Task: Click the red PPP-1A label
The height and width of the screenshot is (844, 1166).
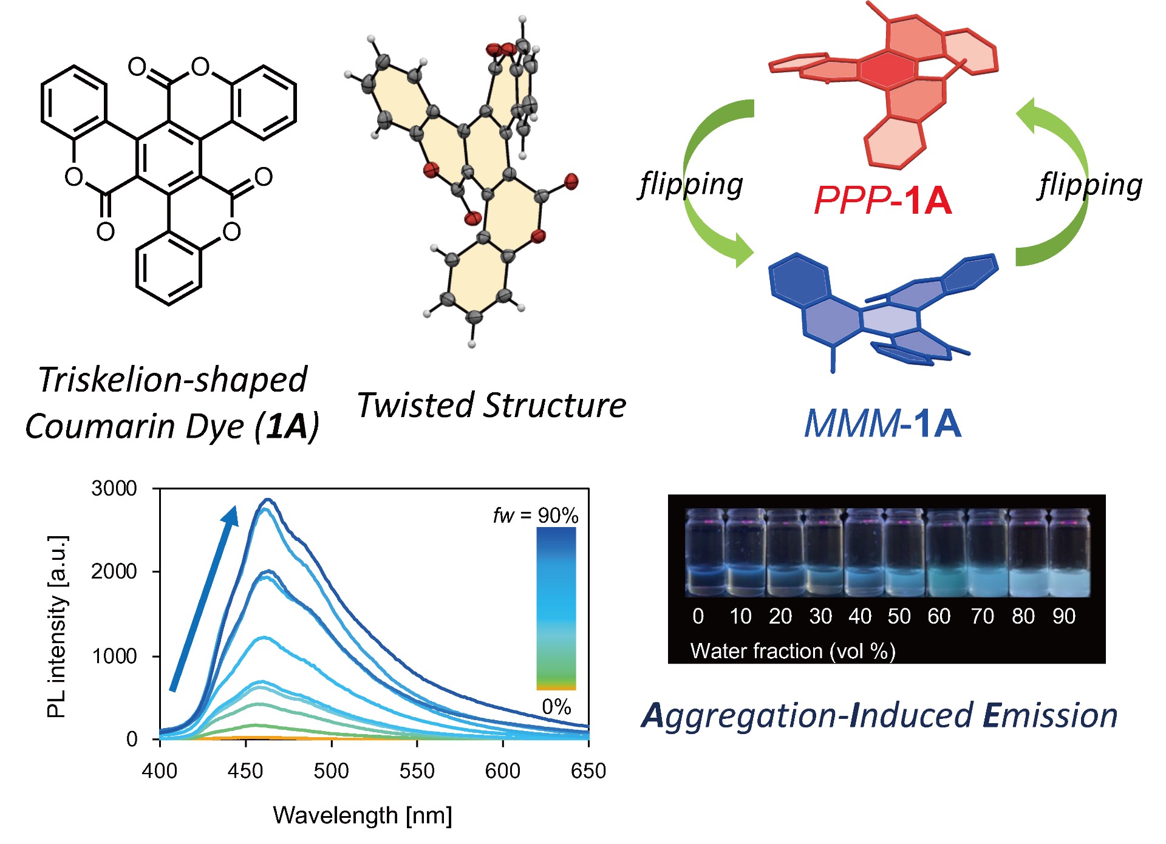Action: coord(882,200)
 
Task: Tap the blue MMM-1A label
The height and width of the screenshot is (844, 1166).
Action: coord(882,423)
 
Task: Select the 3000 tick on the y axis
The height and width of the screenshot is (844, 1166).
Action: coord(114,488)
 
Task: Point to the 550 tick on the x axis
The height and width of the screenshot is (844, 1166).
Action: coord(417,771)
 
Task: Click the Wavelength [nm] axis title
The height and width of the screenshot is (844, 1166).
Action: coord(363,815)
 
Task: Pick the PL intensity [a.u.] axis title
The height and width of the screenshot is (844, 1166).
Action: coord(57,627)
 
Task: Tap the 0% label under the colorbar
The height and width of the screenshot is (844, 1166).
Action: coord(556,707)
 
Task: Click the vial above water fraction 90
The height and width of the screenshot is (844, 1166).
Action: coord(1069,554)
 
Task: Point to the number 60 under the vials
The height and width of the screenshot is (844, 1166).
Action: coord(939,616)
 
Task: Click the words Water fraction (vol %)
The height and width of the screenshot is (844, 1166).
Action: coord(793,651)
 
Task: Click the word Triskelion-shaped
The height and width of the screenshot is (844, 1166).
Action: coord(172,380)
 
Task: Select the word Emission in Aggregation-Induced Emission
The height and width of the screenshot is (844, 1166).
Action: coord(1050,715)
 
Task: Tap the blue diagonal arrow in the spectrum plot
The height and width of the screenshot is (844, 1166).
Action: coord(203,598)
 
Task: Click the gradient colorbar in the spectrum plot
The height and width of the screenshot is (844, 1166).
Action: coord(556,607)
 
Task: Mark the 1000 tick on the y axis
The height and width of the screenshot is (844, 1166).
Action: coord(114,656)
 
